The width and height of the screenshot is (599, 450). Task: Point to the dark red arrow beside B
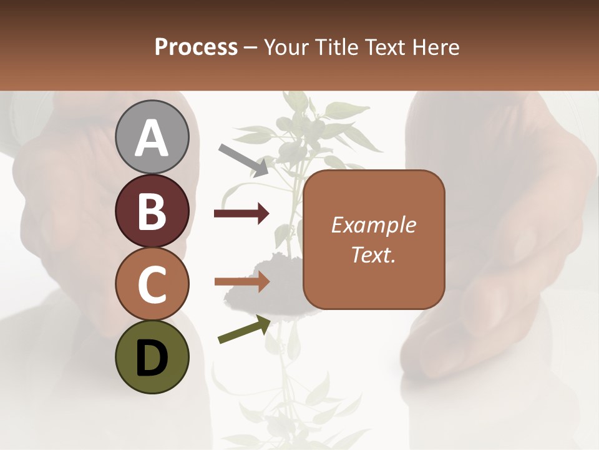click(241, 214)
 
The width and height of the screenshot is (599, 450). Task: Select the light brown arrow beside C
click(241, 282)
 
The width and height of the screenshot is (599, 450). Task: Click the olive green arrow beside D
click(244, 329)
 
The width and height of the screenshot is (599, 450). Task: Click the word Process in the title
click(196, 47)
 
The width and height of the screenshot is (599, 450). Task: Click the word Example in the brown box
click(373, 225)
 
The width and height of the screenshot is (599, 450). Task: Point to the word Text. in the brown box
click(373, 255)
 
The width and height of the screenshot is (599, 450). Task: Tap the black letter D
click(152, 358)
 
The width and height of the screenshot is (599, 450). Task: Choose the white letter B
click(152, 211)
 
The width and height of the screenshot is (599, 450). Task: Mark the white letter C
click(152, 284)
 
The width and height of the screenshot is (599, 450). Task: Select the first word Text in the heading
click(384, 47)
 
